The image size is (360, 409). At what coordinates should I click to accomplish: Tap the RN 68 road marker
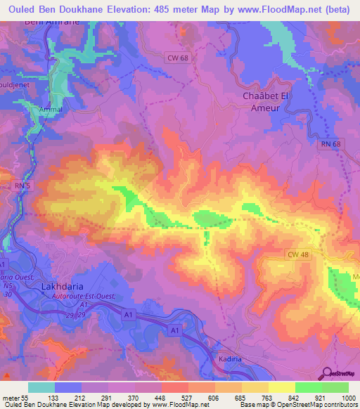coord(330,145)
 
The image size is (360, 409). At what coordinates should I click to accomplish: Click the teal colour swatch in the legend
coord(41,387)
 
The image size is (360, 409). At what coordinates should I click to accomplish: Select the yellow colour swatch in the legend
coord(283,387)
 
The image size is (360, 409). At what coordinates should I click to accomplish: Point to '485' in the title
coord(168,9)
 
